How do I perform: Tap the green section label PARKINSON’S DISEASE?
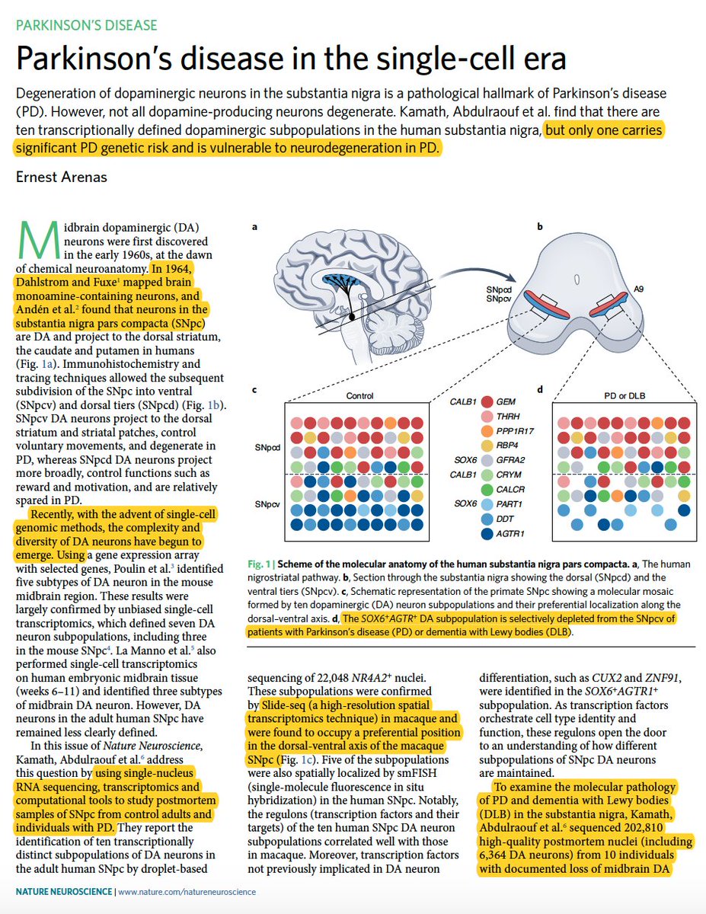[85, 25]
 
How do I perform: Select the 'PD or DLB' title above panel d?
[628, 395]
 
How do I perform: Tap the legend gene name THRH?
[509, 416]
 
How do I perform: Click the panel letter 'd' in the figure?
[539, 390]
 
